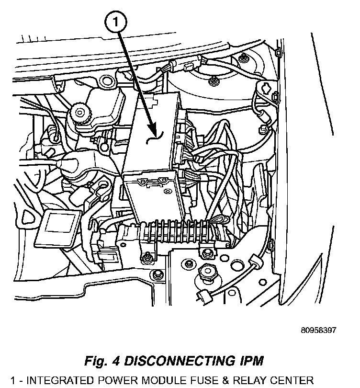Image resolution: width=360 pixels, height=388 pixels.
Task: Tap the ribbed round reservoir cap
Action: pos(79,114)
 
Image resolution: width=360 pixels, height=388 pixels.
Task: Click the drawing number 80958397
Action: pos(318,330)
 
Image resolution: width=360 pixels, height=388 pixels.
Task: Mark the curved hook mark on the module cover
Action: pos(156,138)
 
